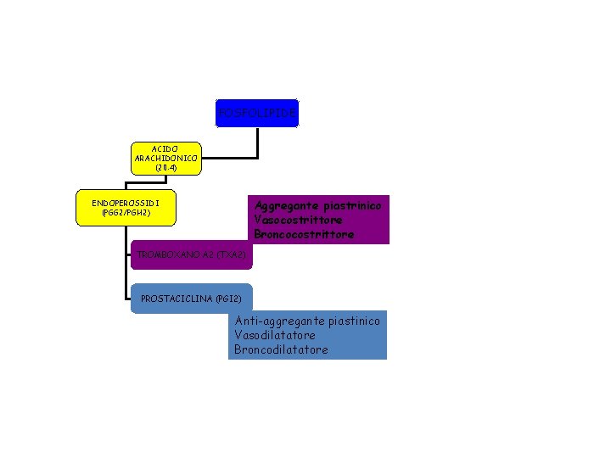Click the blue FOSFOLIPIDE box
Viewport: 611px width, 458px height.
click(257, 113)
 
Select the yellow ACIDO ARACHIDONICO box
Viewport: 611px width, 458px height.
click(166, 158)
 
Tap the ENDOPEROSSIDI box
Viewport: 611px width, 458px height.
click(126, 208)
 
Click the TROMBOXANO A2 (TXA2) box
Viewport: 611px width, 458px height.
click(192, 254)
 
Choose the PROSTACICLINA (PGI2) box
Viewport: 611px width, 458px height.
click(192, 299)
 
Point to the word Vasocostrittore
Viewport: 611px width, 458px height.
click(298, 220)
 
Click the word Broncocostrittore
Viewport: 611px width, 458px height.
click(303, 234)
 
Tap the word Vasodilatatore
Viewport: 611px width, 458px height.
click(274, 335)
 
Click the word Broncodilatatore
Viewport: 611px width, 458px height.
click(281, 349)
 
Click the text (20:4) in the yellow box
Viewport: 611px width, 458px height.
click(166, 167)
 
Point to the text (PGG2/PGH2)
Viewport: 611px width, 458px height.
click(126, 213)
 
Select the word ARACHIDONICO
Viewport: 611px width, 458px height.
click(166, 158)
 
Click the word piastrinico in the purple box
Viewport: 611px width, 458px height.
click(353, 206)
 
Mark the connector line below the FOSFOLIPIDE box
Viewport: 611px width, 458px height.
click(257, 142)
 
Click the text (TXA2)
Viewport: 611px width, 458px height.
click(232, 254)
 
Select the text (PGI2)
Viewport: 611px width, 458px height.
click(229, 299)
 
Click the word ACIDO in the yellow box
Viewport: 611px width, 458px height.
click(166, 148)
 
